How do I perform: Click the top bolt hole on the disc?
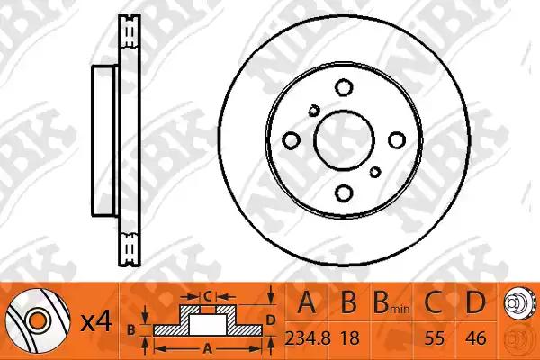344,87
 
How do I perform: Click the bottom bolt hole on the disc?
344,193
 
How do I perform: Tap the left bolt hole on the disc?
291,140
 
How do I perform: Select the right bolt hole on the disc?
397,140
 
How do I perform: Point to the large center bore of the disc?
344,140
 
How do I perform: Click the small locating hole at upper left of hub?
314,111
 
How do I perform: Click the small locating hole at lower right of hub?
375,172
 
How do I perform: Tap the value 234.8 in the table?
308,338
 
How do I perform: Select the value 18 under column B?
349,338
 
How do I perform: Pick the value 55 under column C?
434,338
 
